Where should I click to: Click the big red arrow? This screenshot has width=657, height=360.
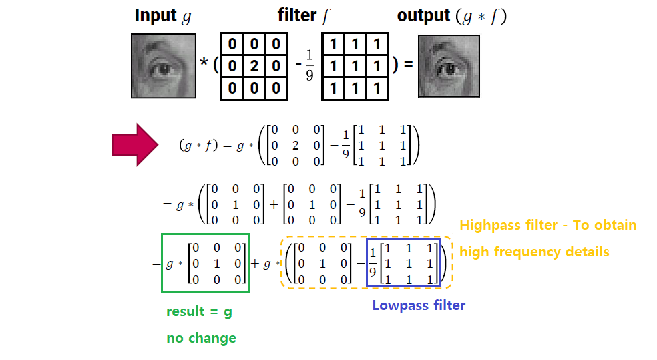point(133,144)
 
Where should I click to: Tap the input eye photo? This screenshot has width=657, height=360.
point(163,66)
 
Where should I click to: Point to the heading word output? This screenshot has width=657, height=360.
point(423,16)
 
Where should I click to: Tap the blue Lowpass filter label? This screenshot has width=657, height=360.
point(419,305)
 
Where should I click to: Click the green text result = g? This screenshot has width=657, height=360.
point(199,312)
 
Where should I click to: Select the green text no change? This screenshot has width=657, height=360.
point(201,338)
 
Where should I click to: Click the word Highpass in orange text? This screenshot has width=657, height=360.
point(490,225)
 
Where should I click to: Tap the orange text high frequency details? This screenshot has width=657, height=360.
point(534,252)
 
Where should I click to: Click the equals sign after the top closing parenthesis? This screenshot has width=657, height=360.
point(408,65)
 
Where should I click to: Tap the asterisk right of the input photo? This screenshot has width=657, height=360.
point(204,64)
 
